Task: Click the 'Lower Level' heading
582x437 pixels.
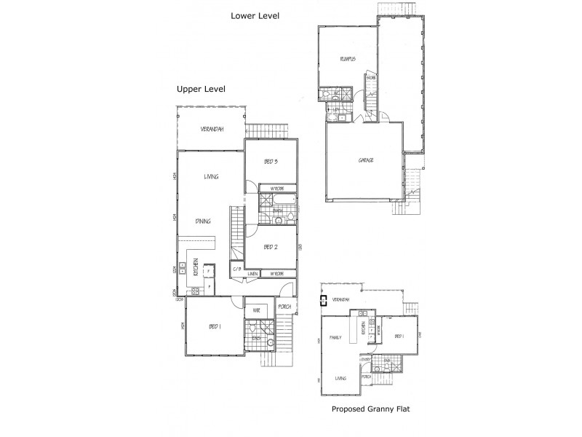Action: click(x=255, y=15)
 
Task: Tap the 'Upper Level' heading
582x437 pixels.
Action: click(x=201, y=89)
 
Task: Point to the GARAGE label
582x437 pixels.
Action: click(x=365, y=160)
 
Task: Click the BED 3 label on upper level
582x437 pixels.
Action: click(x=270, y=163)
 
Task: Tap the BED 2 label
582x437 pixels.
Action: click(x=270, y=248)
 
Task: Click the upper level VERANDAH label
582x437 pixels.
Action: click(x=212, y=129)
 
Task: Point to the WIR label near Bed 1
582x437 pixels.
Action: click(x=256, y=310)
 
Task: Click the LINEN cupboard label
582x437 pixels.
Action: click(x=252, y=274)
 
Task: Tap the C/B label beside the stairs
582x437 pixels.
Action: click(x=237, y=270)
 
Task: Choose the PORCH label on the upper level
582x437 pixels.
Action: click(x=284, y=307)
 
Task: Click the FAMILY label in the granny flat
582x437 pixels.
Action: click(x=335, y=338)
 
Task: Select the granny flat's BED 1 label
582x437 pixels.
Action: click(x=399, y=336)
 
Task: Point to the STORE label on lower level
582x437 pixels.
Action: click(x=371, y=78)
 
